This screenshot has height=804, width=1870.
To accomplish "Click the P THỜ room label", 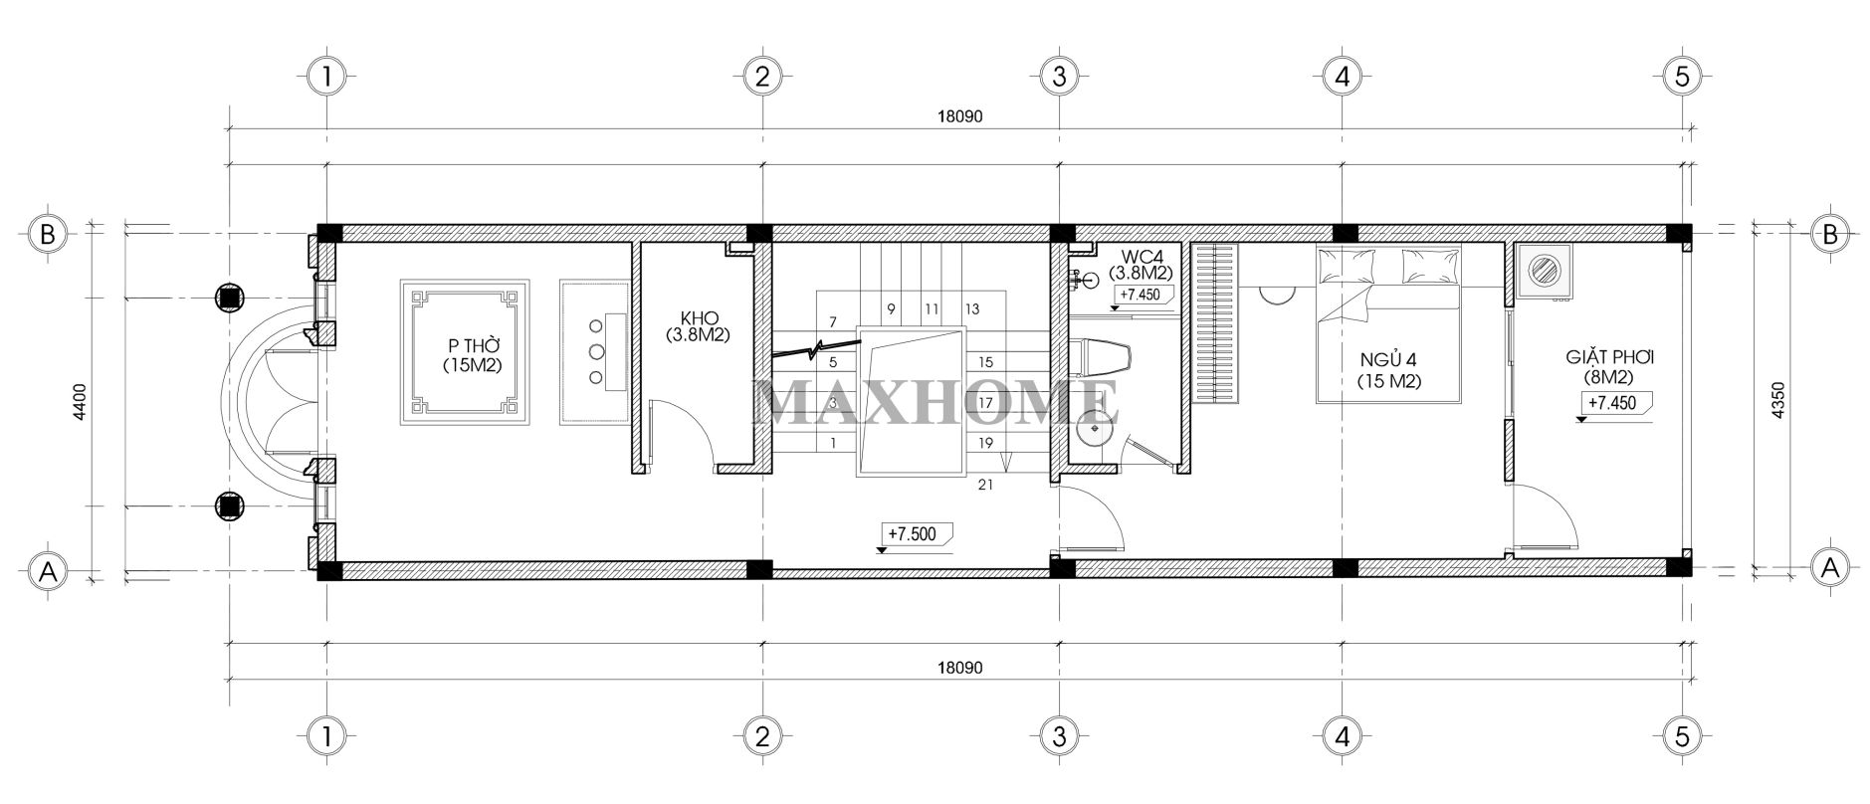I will tap(472, 355).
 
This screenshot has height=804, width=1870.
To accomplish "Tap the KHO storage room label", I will tap(699, 326).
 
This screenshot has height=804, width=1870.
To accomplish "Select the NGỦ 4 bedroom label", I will tap(1389, 368).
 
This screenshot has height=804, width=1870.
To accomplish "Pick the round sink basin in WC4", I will tap(1095, 428).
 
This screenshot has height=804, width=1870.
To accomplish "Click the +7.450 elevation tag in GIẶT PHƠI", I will tap(1612, 404).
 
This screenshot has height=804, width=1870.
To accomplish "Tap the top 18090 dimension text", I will tap(959, 116).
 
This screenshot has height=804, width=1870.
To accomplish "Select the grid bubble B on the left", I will tap(46, 235).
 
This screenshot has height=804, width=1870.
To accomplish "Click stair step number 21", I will tap(986, 486).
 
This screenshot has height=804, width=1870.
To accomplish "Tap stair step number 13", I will tap(972, 309).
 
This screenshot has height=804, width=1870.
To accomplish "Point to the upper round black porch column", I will tap(230, 297).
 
